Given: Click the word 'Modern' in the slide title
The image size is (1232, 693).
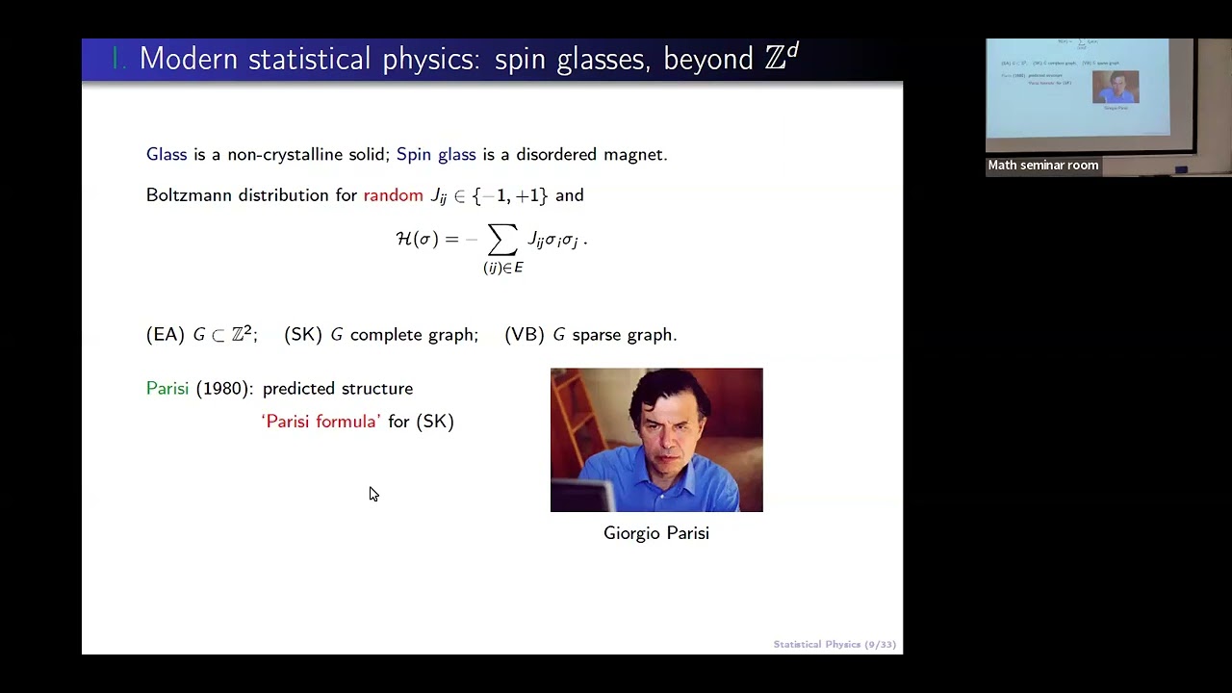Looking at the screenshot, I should pyautogui.click(x=190, y=59).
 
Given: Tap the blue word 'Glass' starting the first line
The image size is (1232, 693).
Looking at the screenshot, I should pyautogui.click(x=167, y=154).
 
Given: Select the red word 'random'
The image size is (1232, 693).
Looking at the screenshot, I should pyautogui.click(x=393, y=195).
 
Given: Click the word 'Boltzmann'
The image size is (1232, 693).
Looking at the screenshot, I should pyautogui.click(x=190, y=195).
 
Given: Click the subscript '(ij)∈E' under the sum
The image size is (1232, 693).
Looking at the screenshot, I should pyautogui.click(x=502, y=269).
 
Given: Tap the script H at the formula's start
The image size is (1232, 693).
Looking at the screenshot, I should pyautogui.click(x=404, y=239).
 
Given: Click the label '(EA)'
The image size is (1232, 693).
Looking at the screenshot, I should pyautogui.click(x=165, y=335).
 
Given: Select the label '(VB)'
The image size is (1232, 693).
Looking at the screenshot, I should pyautogui.click(x=525, y=335).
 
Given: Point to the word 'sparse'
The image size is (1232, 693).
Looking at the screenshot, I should pyautogui.click(x=597, y=335).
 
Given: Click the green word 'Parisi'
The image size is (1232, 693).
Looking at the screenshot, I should pyautogui.click(x=167, y=389).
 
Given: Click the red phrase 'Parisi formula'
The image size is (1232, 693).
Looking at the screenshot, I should pyautogui.click(x=321, y=422).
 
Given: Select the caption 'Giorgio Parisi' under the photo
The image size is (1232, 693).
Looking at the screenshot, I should pyautogui.click(x=655, y=533).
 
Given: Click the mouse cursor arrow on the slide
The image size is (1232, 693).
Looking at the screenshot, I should pyautogui.click(x=372, y=493).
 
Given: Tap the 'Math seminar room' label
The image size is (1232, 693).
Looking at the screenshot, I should pyautogui.click(x=1042, y=166).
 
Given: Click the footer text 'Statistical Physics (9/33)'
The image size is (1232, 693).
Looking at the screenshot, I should pyautogui.click(x=834, y=645).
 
